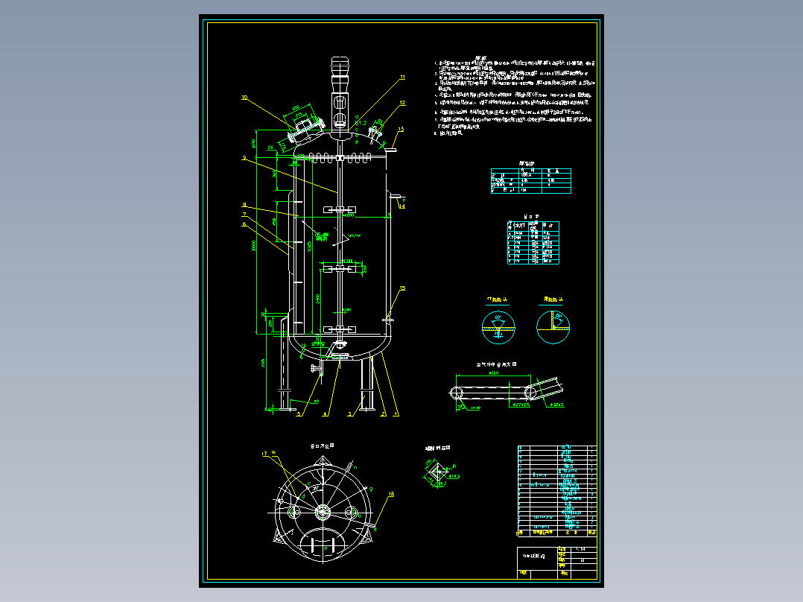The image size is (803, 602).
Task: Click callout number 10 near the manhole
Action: click(244, 97)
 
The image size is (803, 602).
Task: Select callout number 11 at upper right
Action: click(402, 77)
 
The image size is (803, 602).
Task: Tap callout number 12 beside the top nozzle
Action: click(402, 103)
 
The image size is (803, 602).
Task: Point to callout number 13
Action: click(400, 130)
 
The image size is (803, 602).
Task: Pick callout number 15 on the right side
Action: click(402, 288)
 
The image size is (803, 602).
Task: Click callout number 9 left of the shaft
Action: click(244, 158)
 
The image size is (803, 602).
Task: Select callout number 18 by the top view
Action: click(392, 493)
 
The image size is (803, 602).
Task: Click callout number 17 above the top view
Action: click(264, 453)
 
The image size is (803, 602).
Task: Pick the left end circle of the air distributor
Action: click(456, 393)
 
